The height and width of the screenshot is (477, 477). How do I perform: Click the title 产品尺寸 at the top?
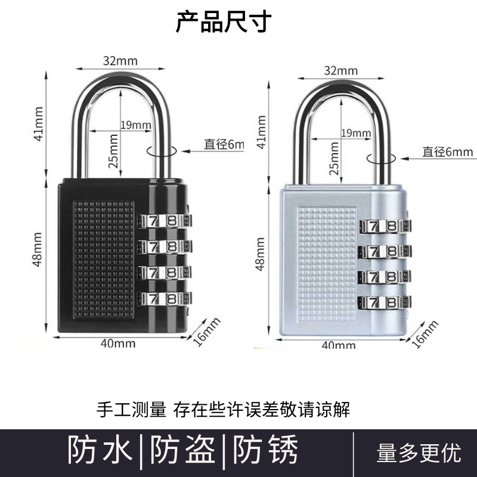224,23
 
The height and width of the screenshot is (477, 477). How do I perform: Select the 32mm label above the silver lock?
337,69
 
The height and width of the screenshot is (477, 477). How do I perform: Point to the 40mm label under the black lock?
117,343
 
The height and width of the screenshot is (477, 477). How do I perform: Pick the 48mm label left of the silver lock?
261,253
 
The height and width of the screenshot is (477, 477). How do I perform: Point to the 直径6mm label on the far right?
447,151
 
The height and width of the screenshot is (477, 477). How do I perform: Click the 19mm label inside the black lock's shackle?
136,125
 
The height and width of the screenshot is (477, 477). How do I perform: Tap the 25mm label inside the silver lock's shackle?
334,159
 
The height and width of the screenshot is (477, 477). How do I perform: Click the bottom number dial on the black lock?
165,298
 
